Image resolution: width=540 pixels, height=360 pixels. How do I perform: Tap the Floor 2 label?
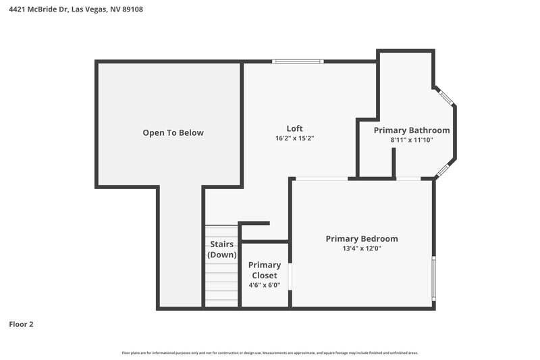(x=21, y=324)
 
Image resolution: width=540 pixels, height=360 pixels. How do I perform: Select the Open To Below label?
(x=173, y=133)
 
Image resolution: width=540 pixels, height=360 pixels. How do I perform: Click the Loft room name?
(x=294, y=128)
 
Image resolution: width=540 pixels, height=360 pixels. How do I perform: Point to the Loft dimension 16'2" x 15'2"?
(x=294, y=138)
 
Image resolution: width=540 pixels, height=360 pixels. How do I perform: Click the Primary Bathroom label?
(x=411, y=130)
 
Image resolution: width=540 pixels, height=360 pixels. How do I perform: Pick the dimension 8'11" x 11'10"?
(x=411, y=140)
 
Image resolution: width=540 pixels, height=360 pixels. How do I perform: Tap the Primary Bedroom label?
(x=361, y=239)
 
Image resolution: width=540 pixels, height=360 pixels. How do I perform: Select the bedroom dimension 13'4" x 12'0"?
(x=361, y=249)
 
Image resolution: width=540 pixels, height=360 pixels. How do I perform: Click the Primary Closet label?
(x=265, y=270)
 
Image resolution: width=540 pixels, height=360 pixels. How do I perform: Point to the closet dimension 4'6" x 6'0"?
(x=265, y=285)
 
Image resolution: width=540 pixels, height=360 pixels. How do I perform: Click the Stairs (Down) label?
(x=221, y=249)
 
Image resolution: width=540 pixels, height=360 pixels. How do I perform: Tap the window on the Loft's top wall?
(x=298, y=62)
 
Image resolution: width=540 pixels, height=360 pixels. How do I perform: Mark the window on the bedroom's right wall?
(x=434, y=276)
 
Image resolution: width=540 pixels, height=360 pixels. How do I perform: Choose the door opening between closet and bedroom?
(x=290, y=277)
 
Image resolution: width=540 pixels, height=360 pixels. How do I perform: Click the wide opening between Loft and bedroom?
(x=321, y=178)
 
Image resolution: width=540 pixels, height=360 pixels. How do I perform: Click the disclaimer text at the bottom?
(x=270, y=353)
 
